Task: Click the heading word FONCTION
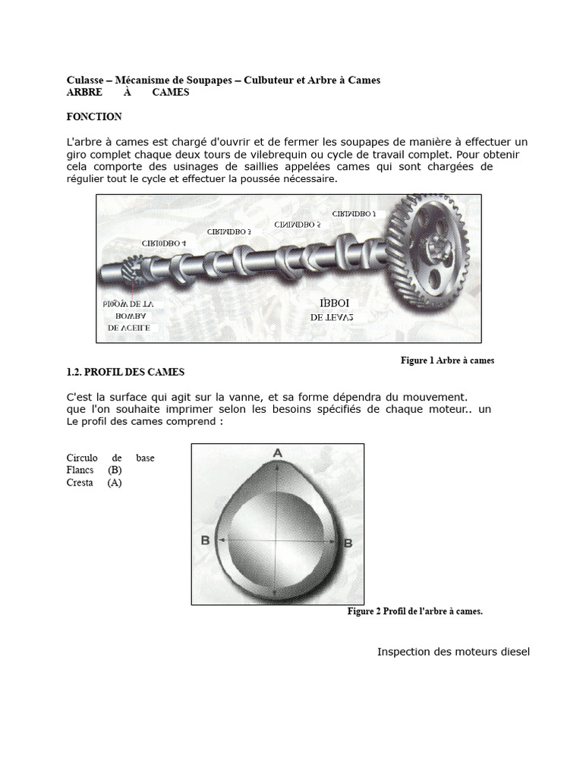click(x=94, y=117)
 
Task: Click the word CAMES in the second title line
click(x=171, y=93)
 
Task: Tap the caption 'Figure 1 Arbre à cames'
click(x=447, y=360)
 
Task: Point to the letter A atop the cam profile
click(x=278, y=453)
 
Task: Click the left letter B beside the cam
click(x=204, y=540)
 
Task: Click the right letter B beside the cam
click(x=348, y=543)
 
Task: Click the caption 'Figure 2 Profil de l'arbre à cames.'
click(x=414, y=611)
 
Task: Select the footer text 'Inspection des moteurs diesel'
click(x=453, y=652)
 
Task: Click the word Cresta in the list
click(x=80, y=483)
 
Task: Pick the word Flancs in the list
click(x=80, y=470)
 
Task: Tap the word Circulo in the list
click(x=83, y=458)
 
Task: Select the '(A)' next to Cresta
click(x=115, y=483)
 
